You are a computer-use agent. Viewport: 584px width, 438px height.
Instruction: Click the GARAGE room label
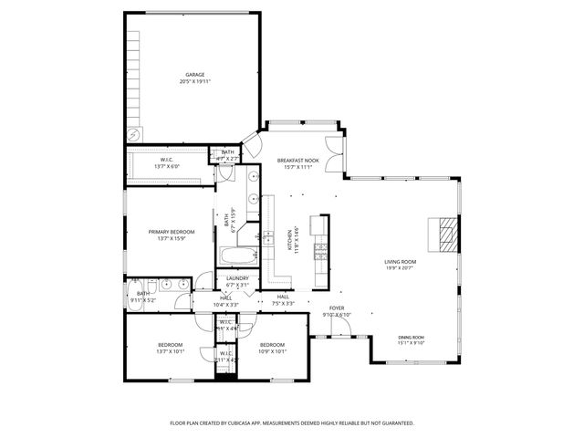pyautogui.click(x=194, y=75)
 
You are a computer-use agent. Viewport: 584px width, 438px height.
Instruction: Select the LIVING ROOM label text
pyautogui.click(x=400, y=261)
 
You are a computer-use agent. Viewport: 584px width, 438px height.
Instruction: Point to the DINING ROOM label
pyautogui.click(x=411, y=338)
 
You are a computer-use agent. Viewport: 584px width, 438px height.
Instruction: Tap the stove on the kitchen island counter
pyautogui.click(x=319, y=248)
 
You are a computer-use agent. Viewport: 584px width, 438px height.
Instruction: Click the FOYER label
pyautogui.click(x=337, y=308)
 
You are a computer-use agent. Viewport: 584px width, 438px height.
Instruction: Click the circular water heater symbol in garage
pyautogui.click(x=135, y=134)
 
